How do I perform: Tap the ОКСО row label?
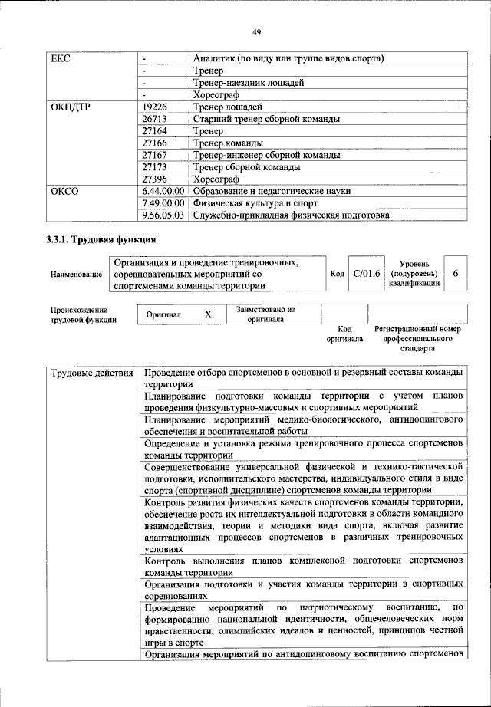tap(65, 191)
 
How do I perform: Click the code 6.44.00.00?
tap(164, 191)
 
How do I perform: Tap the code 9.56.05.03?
tap(164, 215)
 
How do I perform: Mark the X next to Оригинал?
tap(207, 315)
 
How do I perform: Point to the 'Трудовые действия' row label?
tap(92, 373)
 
